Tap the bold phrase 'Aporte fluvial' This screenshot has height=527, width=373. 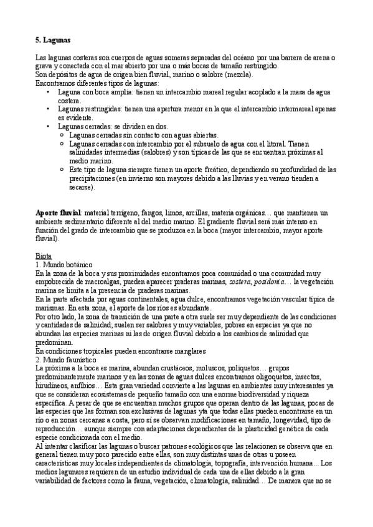[x=59, y=213]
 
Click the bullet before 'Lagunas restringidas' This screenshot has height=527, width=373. [x=49, y=109]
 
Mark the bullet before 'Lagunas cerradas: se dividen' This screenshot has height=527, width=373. [x=49, y=126]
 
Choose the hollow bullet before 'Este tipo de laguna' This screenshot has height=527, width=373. [x=61, y=169]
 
